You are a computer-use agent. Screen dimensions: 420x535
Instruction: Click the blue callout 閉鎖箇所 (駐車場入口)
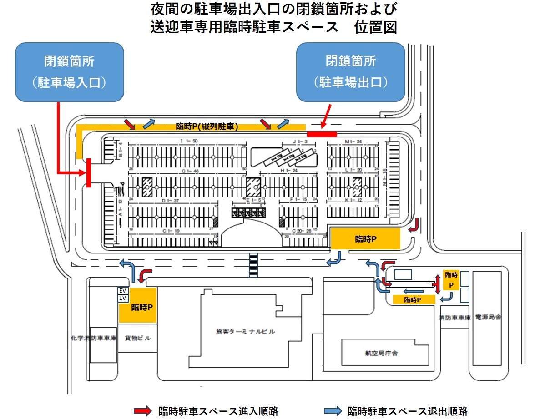(70, 72)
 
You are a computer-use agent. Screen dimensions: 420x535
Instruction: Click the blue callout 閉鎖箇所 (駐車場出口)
(350, 72)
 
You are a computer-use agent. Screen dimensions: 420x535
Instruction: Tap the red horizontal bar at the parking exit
(322, 133)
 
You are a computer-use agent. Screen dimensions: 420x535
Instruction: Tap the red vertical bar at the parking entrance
(89, 172)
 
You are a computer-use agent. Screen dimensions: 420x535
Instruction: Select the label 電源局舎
(487, 317)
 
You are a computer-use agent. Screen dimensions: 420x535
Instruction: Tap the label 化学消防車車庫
(94, 339)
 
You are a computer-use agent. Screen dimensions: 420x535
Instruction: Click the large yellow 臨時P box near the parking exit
(366, 239)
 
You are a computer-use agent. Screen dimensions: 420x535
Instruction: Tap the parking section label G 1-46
(190, 171)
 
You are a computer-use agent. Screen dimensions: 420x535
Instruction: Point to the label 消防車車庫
(454, 317)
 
